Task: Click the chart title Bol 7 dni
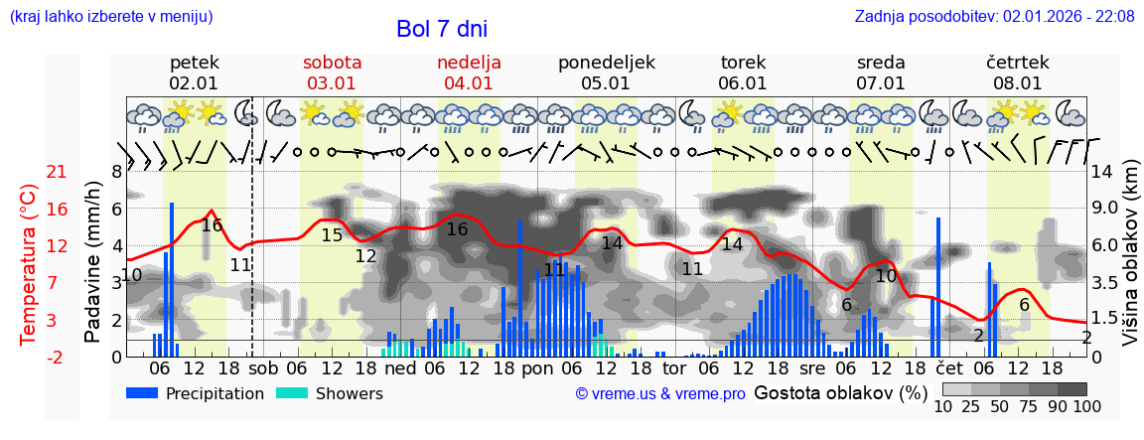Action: pos(441,29)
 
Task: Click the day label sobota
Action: pos(332,63)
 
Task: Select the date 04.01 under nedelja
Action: pos(469,83)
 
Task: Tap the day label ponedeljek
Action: pos(606,63)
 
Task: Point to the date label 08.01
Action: pos(1018,83)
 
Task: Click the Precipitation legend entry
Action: pos(195,393)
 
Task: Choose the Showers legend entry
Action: pos(329,393)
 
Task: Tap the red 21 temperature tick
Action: pos(57,172)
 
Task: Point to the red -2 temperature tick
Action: pos(57,357)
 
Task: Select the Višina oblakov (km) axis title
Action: pos(1130,264)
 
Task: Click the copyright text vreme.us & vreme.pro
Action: pos(660,393)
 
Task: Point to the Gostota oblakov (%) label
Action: pos(834,392)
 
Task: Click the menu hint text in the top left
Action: pos(111,16)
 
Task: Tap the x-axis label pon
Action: pos(537,367)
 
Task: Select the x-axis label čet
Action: pos(949,367)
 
